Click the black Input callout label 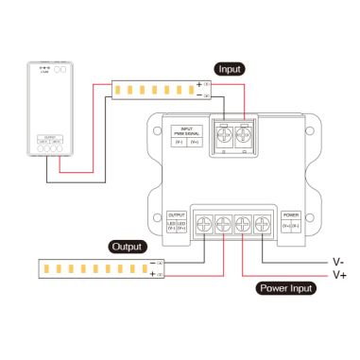(230, 69)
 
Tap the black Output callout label (126, 247)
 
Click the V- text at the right (337, 260)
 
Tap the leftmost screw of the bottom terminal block (203, 224)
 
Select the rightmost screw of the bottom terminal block (264, 224)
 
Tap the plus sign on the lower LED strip (152, 274)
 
